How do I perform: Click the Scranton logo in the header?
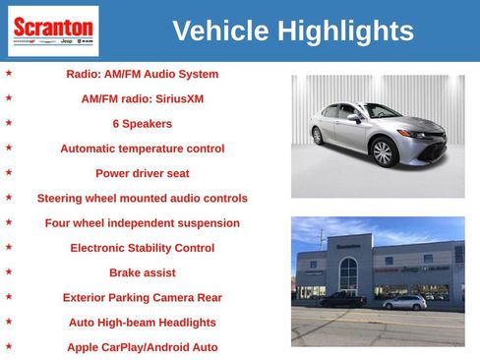coord(53,30)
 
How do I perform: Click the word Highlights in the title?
coord(345,31)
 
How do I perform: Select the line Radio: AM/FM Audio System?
coord(143,74)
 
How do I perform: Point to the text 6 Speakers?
coord(143,124)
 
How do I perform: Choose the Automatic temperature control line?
coord(143,149)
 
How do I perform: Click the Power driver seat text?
coord(143,173)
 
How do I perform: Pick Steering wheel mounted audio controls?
coord(143,198)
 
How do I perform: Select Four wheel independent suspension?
coord(143,223)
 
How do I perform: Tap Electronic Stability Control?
coord(143,248)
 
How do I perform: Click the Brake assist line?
coord(143,272)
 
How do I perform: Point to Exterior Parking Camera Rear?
coord(143,297)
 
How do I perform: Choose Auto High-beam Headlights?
coord(143,322)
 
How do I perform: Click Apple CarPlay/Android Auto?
coord(143,347)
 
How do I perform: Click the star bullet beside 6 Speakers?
coord(9,123)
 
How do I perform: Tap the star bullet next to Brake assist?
coord(9,271)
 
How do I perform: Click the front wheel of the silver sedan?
coord(383,153)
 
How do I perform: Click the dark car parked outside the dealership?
coord(343,300)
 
